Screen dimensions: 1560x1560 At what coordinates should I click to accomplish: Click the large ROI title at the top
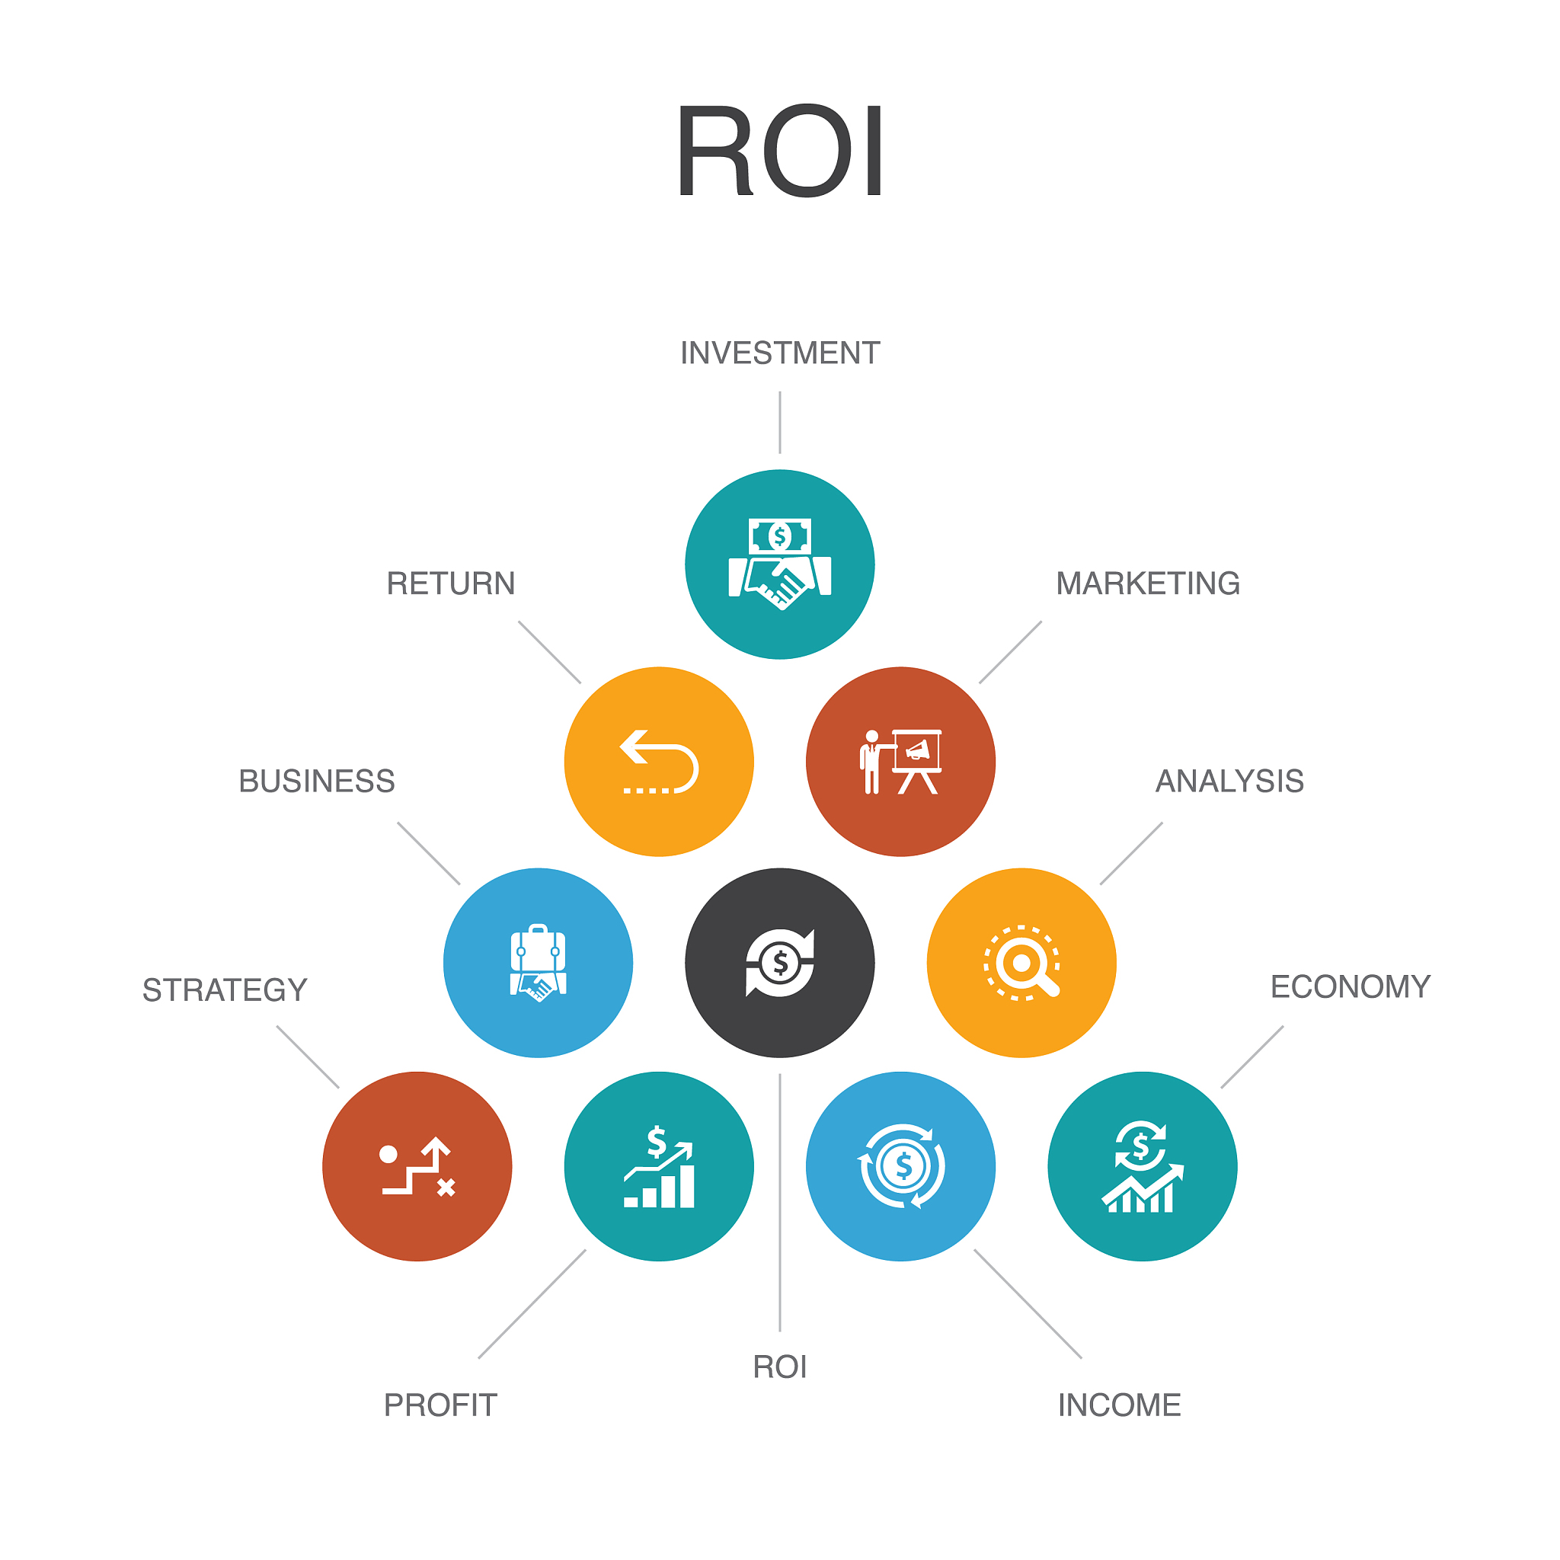(779, 151)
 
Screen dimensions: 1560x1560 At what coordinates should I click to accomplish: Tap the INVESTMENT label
(779, 353)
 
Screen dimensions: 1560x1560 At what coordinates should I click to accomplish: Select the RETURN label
(451, 583)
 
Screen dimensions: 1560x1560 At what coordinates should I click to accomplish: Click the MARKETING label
(1147, 583)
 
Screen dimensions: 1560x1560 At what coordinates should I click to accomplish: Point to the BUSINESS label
(317, 782)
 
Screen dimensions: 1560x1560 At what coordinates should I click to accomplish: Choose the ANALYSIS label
(1229, 782)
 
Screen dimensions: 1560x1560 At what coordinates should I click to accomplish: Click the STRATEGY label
(225, 991)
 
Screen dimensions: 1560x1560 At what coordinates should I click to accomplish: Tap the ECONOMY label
(1350, 987)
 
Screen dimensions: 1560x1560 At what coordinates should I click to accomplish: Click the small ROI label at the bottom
(779, 1368)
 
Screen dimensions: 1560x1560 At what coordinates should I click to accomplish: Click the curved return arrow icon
(659, 762)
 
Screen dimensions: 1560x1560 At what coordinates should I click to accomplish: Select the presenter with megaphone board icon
(900, 762)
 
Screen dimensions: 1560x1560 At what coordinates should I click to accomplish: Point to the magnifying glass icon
(1021, 964)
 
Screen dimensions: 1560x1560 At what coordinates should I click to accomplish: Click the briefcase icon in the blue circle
(538, 964)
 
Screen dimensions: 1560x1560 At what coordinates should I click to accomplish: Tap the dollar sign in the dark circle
(779, 964)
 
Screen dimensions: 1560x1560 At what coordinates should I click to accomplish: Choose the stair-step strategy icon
(417, 1167)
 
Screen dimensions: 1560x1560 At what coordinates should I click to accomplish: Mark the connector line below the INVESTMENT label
(779, 422)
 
